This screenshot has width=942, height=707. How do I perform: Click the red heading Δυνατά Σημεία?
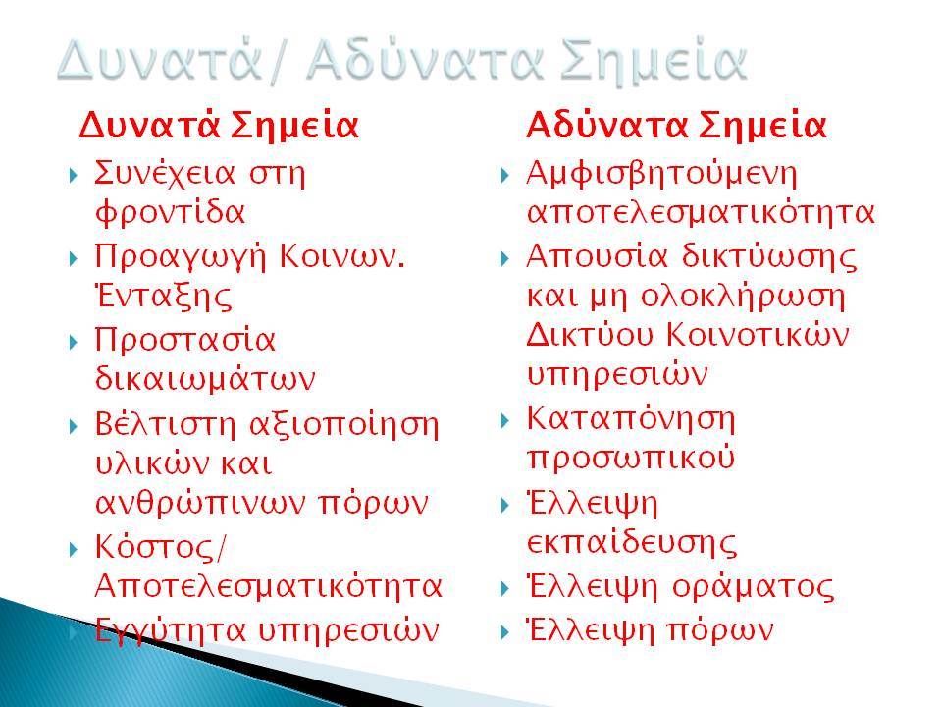(219, 126)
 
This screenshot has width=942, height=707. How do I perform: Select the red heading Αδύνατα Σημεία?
(676, 126)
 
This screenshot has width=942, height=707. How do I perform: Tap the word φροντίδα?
(170, 212)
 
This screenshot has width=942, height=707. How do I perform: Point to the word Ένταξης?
(164, 297)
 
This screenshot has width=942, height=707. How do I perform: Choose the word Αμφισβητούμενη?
(661, 175)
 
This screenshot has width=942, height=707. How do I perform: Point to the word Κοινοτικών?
(759, 334)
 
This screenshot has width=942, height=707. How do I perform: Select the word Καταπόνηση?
(631, 419)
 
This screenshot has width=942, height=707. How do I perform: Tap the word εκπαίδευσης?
(631, 543)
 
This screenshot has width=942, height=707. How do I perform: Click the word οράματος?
(754, 587)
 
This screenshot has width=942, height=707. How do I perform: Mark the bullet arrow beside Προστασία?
(74, 342)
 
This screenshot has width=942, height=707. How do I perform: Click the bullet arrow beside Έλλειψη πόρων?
(505, 631)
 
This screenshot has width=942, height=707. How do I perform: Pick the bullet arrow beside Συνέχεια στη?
(74, 176)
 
